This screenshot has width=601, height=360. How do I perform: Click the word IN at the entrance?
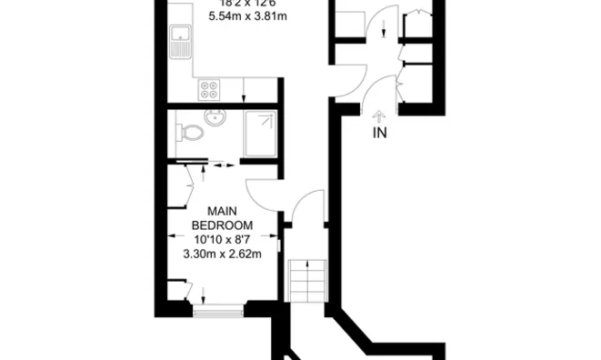point(379,134)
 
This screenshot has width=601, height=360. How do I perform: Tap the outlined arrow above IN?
point(379,115)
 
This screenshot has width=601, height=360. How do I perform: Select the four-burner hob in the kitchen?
point(210,90)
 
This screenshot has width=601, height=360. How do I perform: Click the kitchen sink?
point(179,41)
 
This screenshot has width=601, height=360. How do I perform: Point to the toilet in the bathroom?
point(190,134)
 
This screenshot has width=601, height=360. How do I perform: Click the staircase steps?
point(305,283)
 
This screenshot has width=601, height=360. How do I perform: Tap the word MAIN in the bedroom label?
point(223,209)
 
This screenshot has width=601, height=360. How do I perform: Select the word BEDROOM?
point(223,225)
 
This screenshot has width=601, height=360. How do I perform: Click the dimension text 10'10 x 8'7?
point(223,239)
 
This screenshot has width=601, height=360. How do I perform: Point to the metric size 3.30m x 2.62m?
point(223,255)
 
